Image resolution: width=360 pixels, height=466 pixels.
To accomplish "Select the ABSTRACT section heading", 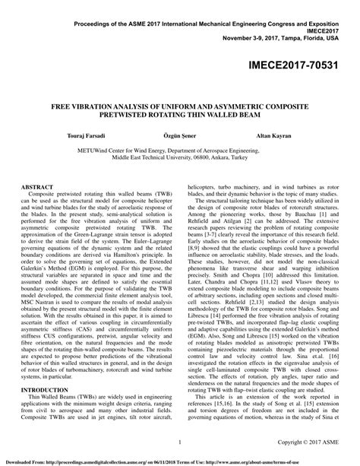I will (x=41, y=185).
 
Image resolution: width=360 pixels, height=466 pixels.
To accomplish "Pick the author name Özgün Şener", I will (x=179, y=133).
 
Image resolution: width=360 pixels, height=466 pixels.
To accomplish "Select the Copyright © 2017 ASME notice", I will (x=309, y=442).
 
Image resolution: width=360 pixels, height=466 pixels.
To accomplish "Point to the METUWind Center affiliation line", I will (x=180, y=151).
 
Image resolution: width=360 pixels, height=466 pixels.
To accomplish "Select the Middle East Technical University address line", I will (x=180, y=159).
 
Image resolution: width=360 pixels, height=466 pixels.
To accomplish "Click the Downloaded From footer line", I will (x=180, y=461).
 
